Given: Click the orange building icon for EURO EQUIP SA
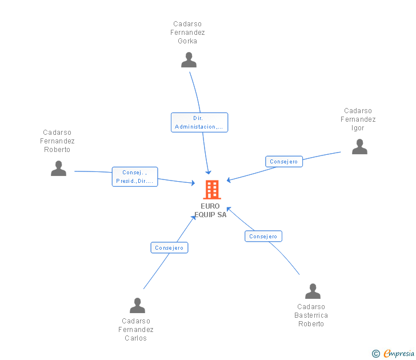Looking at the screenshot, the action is (x=212, y=189).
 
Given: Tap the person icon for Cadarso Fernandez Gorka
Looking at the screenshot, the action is (x=189, y=59).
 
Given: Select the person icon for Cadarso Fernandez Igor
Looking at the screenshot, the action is (x=359, y=146).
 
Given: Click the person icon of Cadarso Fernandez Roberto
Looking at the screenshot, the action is (x=58, y=168).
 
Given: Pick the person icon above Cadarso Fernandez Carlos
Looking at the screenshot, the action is (x=137, y=305).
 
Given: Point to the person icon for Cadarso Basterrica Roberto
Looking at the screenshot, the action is (x=313, y=291).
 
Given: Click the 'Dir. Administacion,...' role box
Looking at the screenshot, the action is (x=199, y=122).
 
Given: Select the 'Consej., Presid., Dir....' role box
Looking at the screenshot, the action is (x=135, y=177).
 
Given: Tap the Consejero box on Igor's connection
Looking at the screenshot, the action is (x=284, y=162).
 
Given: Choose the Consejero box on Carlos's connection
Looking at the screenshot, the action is (x=169, y=247).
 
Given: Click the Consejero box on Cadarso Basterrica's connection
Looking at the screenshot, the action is (x=263, y=236).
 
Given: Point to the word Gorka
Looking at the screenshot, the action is (x=187, y=41).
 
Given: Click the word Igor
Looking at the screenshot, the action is (x=358, y=128).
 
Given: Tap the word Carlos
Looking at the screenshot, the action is (x=135, y=338).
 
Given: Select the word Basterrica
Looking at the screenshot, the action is (x=311, y=315).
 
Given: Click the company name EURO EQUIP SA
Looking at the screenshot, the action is (x=210, y=210).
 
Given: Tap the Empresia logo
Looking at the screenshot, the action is (x=399, y=354).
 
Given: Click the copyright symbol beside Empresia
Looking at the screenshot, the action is (x=375, y=354).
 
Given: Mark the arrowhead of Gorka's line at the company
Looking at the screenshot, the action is (x=209, y=173).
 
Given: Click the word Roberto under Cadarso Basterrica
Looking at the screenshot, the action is (x=311, y=324).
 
